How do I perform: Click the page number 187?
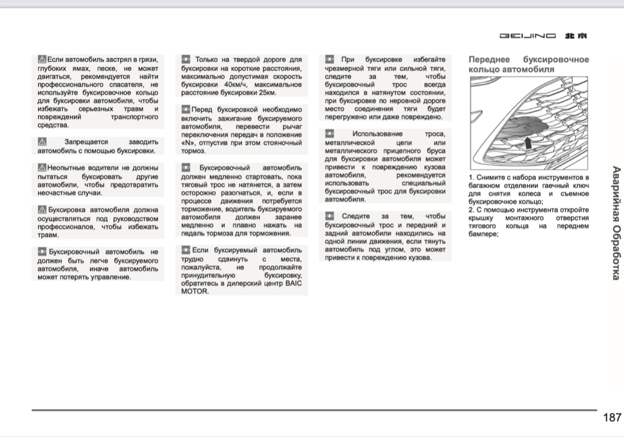coord(612,418)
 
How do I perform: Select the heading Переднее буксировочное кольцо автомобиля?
coord(529,64)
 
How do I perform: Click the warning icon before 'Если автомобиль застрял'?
coord(42,60)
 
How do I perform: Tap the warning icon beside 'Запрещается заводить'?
coord(42,142)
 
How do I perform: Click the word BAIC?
coord(293,283)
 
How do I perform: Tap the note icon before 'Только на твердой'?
coord(186,60)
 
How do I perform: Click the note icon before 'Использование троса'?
coord(330,134)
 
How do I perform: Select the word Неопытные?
coord(68,168)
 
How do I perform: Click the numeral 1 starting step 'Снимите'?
coord(471,178)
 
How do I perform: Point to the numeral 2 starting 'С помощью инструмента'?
coord(471,210)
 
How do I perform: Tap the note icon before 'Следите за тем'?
coord(330,216)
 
